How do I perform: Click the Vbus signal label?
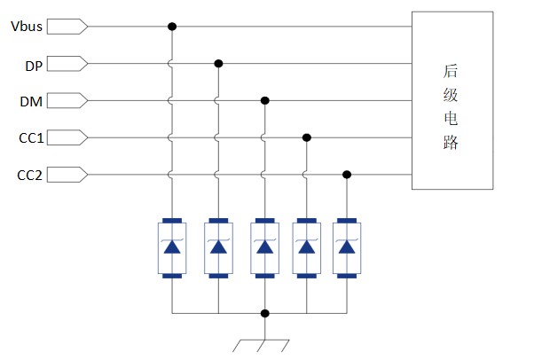pyautogui.click(x=27, y=27)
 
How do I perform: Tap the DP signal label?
pyautogui.click(x=32, y=64)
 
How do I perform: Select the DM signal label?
pyautogui.click(x=31, y=101)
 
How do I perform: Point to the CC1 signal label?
pyautogui.click(x=29, y=138)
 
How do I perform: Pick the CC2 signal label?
pyautogui.click(x=29, y=175)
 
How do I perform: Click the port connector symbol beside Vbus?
pyautogui.click(x=67, y=27)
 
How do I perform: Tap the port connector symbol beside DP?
pyautogui.click(x=67, y=64)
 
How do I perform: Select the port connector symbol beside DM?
pyautogui.click(x=67, y=101)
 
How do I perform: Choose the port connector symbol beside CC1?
pyautogui.click(x=67, y=138)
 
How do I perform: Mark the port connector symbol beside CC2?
pyautogui.click(x=67, y=175)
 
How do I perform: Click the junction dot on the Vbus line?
pyautogui.click(x=172, y=27)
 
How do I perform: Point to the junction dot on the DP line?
pyautogui.click(x=218, y=64)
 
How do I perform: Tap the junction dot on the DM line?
pyautogui.click(x=263, y=101)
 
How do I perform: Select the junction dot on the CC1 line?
pyautogui.click(x=307, y=138)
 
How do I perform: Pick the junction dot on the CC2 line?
pyautogui.click(x=347, y=175)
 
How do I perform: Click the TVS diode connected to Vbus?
pyautogui.click(x=172, y=247)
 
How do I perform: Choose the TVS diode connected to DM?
pyautogui.click(x=263, y=247)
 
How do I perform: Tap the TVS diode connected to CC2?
pyautogui.click(x=347, y=247)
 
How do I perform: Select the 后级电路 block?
pyautogui.click(x=452, y=100)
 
